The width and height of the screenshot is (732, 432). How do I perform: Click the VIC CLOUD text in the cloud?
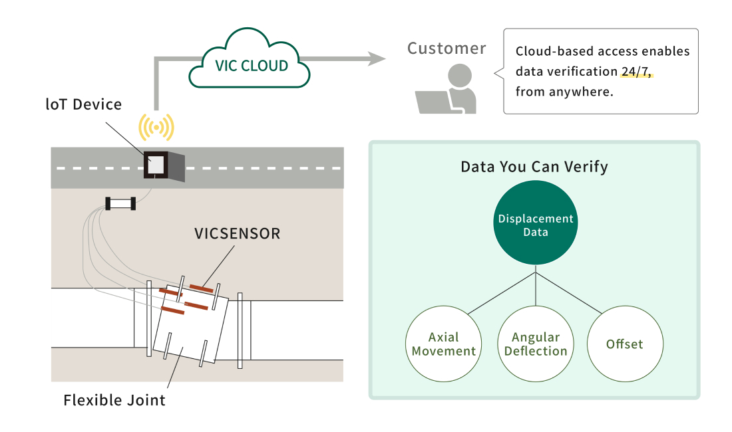pyautogui.click(x=251, y=66)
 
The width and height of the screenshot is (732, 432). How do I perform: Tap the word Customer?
pyautogui.click(x=447, y=48)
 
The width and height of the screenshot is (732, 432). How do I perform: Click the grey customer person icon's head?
pyautogui.click(x=460, y=76)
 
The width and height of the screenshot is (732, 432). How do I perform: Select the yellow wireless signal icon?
pyautogui.click(x=156, y=127)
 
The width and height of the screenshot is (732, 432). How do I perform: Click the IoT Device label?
pyautogui.click(x=84, y=104)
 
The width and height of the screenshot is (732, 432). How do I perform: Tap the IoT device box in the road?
pyautogui.click(x=164, y=165)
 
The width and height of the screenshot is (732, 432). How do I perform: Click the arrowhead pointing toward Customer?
pyautogui.click(x=377, y=58)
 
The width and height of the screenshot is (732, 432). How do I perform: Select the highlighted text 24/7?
pyautogui.click(x=636, y=71)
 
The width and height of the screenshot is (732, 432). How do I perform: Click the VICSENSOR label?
pyautogui.click(x=237, y=233)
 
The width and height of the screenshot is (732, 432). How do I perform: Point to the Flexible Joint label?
pyautogui.click(x=114, y=400)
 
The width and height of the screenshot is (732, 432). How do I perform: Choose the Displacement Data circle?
pyautogui.click(x=536, y=223)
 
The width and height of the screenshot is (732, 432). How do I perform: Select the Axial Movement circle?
pyautogui.click(x=443, y=344)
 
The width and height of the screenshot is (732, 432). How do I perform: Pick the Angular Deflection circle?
pyautogui.click(x=536, y=344)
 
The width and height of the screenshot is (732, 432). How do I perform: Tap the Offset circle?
pyautogui.click(x=625, y=344)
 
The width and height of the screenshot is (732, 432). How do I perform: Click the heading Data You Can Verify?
pyautogui.click(x=534, y=167)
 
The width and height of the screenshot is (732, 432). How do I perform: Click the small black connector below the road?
pyautogui.click(x=120, y=203)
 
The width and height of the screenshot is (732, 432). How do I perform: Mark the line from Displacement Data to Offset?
pyautogui.click(x=569, y=292)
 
